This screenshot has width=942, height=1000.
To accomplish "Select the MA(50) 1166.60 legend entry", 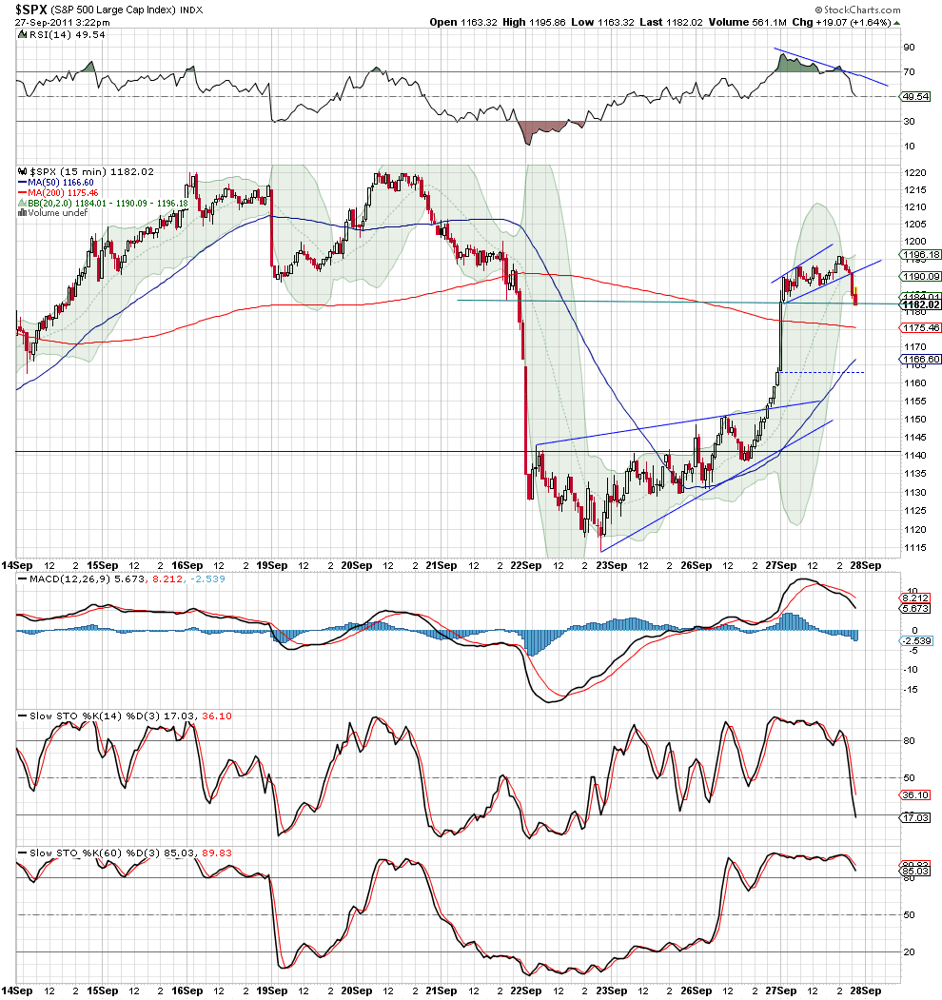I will click(x=56, y=182).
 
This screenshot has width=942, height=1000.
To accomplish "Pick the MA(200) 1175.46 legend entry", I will click(x=59, y=192).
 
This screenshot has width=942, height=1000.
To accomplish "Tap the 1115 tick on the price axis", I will click(x=914, y=547).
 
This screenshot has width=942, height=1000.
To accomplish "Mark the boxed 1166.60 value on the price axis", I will click(x=919, y=359).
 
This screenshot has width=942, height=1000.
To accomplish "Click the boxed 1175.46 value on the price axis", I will click(x=919, y=327).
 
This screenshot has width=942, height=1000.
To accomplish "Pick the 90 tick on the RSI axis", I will click(x=909, y=47).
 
